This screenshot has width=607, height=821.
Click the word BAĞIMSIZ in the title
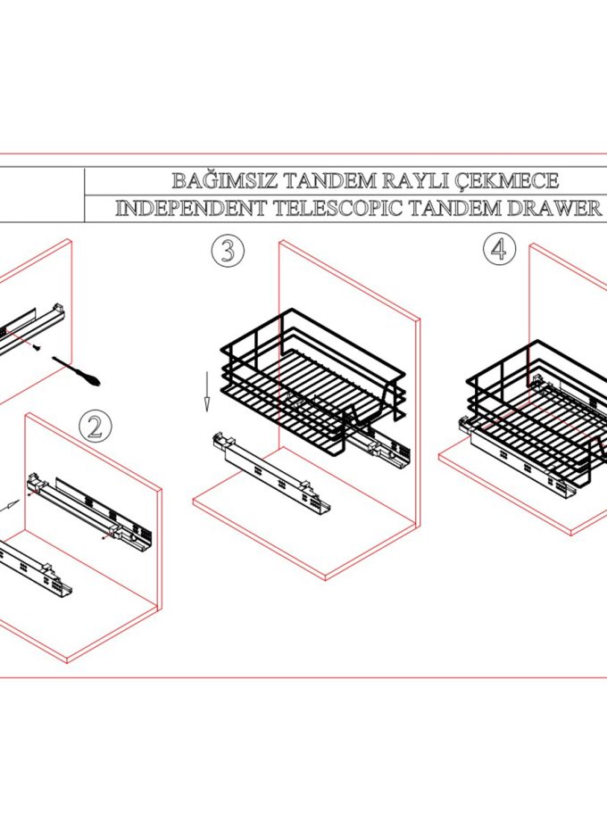(x=224, y=181)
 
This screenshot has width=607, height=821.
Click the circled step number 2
(x=96, y=427)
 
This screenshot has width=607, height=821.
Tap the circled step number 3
(x=228, y=251)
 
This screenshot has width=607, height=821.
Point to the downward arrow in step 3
(x=206, y=389)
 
